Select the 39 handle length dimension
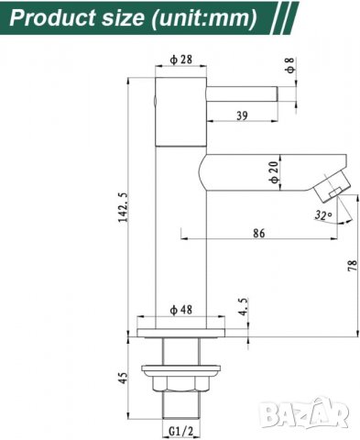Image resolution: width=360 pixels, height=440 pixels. coord(241,116)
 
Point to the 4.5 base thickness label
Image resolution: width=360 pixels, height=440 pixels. coord(241,304)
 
